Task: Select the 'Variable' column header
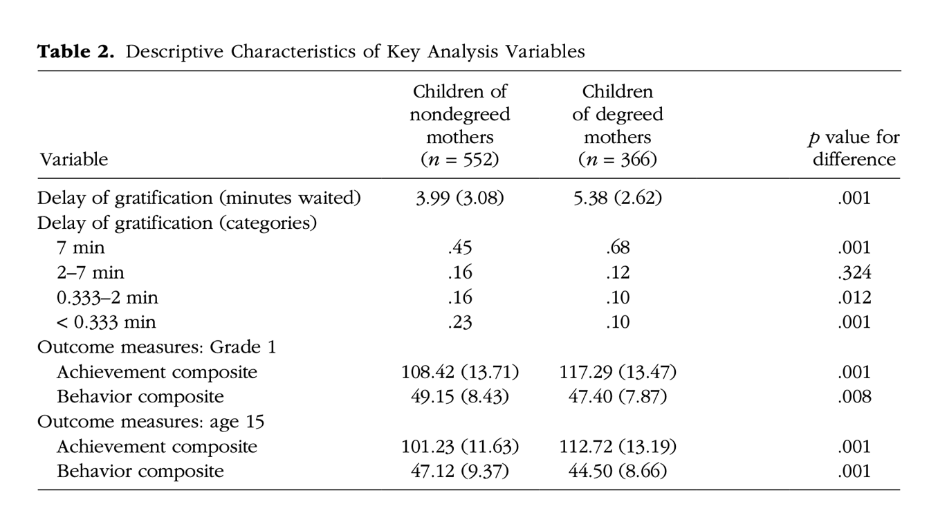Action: coord(73,160)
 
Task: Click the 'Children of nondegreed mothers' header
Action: coord(460,125)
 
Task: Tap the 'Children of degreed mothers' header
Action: coord(617,125)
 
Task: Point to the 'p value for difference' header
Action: coord(854,148)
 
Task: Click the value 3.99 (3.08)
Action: coord(460,198)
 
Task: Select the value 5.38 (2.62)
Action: coord(617,198)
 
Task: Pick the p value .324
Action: coord(854,272)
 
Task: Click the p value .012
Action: coord(854,297)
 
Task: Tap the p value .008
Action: coord(854,397)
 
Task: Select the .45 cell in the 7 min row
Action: coord(460,248)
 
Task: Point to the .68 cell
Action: coord(617,248)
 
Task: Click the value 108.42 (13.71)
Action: coord(460,372)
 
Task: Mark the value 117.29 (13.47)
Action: coord(617,372)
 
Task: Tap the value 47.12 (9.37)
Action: coord(460,472)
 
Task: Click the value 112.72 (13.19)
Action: coord(617,447)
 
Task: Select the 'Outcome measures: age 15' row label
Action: coord(151,422)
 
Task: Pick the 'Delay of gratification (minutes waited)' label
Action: coord(199,198)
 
